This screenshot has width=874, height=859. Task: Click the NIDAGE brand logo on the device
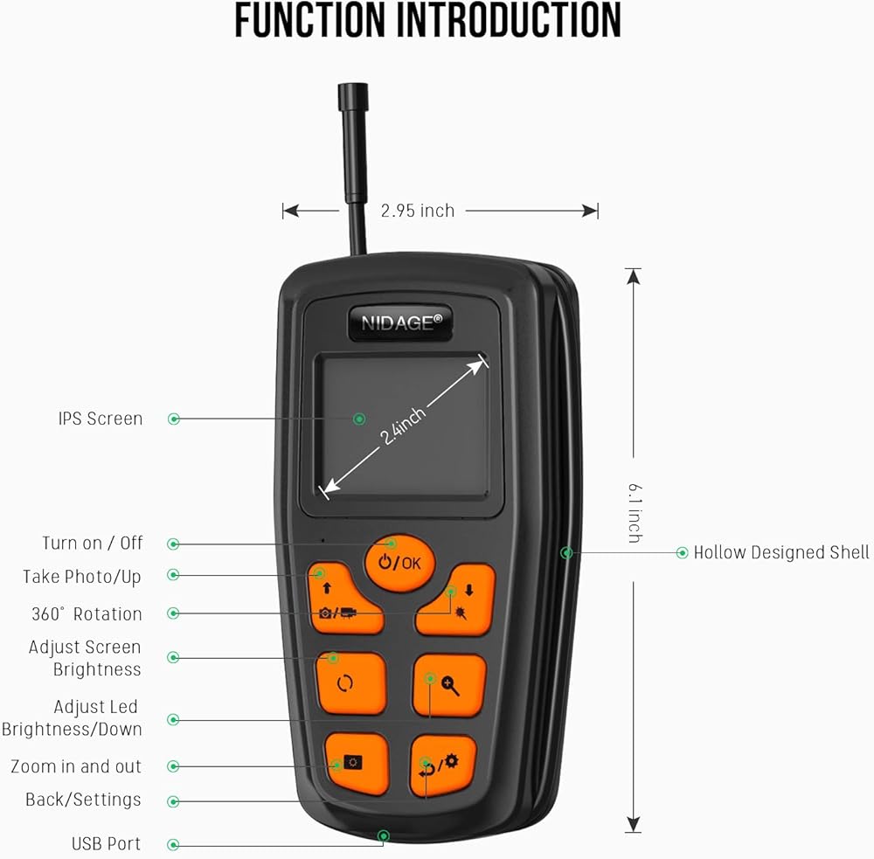pyautogui.click(x=401, y=322)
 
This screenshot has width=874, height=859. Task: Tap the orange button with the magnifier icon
pyautogui.click(x=449, y=685)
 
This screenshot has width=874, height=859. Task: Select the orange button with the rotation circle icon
pyautogui.click(x=351, y=683)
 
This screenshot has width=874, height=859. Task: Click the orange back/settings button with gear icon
pyautogui.click(x=444, y=765)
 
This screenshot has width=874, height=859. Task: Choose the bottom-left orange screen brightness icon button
pyautogui.click(x=357, y=763)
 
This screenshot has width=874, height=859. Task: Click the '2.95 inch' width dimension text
pyautogui.click(x=418, y=211)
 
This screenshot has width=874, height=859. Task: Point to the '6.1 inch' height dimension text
pyautogui.click(x=635, y=513)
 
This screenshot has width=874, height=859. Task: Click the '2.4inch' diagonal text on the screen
pyautogui.click(x=402, y=426)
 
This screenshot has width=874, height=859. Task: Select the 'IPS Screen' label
pyautogui.click(x=101, y=419)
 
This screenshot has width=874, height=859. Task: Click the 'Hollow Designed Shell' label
pyautogui.click(x=780, y=552)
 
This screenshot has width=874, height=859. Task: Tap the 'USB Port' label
pyautogui.click(x=106, y=844)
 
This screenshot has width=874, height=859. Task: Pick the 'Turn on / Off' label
pyautogui.click(x=93, y=543)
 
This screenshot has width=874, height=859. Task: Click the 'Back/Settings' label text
pyautogui.click(x=83, y=800)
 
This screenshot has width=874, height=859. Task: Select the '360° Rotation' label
pyautogui.click(x=87, y=613)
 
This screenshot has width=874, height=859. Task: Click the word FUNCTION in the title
pyautogui.click(x=310, y=21)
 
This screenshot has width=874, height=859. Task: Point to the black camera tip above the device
pyautogui.click(x=353, y=96)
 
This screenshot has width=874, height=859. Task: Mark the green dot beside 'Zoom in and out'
pyautogui.click(x=173, y=766)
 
